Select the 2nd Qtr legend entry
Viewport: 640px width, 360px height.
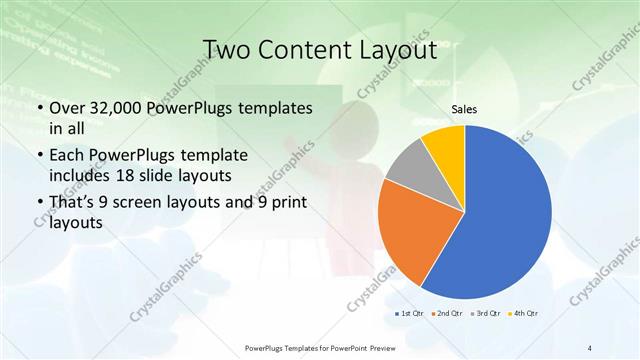[x=448, y=314]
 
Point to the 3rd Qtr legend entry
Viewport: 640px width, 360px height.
[x=486, y=314]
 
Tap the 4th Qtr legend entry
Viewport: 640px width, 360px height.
[x=524, y=314]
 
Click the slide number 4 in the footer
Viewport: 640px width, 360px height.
[x=590, y=347]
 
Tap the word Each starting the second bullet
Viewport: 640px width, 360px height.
[x=68, y=156]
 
